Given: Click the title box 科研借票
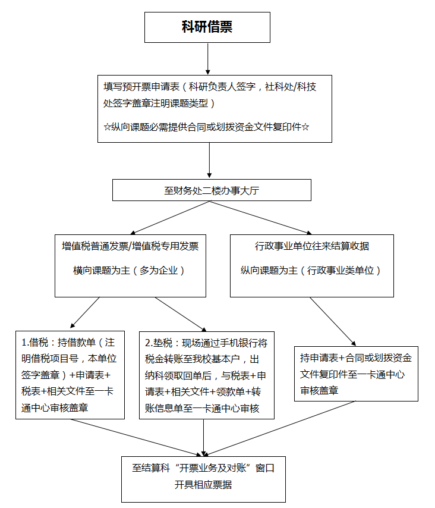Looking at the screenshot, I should [x=207, y=27].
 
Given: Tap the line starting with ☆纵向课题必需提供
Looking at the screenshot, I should [x=206, y=127].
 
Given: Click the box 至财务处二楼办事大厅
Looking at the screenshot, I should [x=212, y=190].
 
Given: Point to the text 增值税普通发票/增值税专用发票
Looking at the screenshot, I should [x=130, y=245].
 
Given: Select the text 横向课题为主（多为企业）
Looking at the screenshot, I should [x=129, y=270].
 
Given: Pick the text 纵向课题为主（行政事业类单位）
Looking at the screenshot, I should [x=311, y=270].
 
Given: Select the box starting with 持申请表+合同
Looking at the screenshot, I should [x=356, y=374].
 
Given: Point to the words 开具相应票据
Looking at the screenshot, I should [x=203, y=485].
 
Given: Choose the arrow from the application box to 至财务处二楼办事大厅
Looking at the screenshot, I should [x=210, y=161].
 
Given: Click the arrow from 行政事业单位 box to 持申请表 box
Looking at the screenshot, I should [x=333, y=322].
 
